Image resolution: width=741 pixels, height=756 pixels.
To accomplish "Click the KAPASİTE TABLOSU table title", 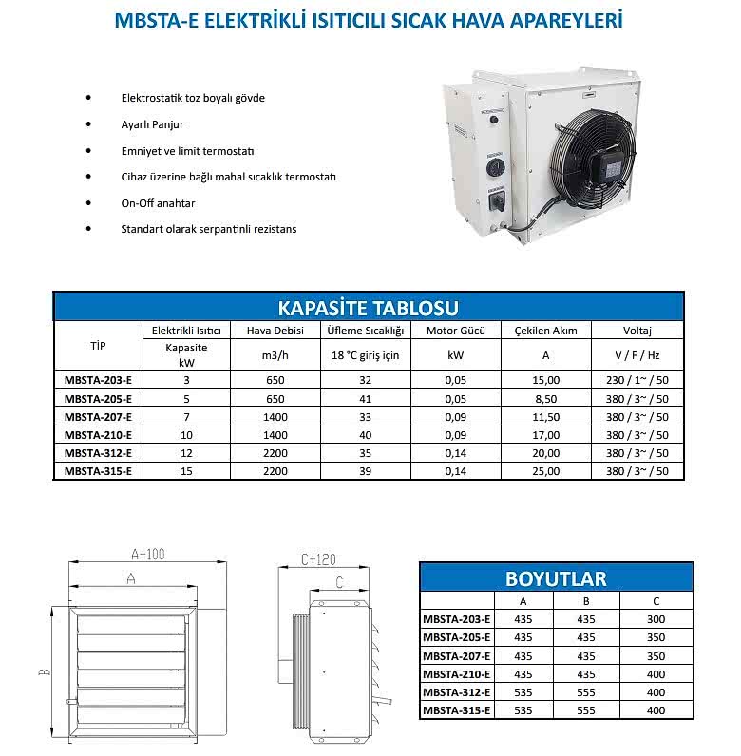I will click(368, 308).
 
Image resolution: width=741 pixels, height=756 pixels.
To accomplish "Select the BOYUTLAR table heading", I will click(556, 578).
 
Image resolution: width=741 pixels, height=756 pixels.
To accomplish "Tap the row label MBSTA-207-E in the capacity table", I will click(98, 416).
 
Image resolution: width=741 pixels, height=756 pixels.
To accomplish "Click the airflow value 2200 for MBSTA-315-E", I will click(275, 470).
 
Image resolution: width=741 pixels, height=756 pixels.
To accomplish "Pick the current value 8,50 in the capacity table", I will click(545, 398).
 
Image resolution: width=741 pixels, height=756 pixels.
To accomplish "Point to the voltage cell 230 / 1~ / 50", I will click(636, 380).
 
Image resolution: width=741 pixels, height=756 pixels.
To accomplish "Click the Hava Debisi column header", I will click(275, 331).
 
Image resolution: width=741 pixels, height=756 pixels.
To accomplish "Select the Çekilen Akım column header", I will click(545, 331).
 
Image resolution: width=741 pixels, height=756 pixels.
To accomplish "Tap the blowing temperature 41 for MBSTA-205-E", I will click(366, 398).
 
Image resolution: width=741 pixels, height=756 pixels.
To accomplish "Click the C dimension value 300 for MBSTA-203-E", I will click(655, 619).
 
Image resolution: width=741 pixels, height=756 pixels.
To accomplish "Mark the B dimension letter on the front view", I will click(45, 672).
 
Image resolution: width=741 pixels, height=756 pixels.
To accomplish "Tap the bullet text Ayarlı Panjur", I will click(152, 124).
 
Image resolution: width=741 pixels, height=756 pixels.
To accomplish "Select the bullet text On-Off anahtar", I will click(158, 203).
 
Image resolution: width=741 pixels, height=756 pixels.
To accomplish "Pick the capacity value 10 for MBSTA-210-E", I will click(186, 434).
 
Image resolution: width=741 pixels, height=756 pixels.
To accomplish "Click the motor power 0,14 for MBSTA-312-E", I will click(456, 452).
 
